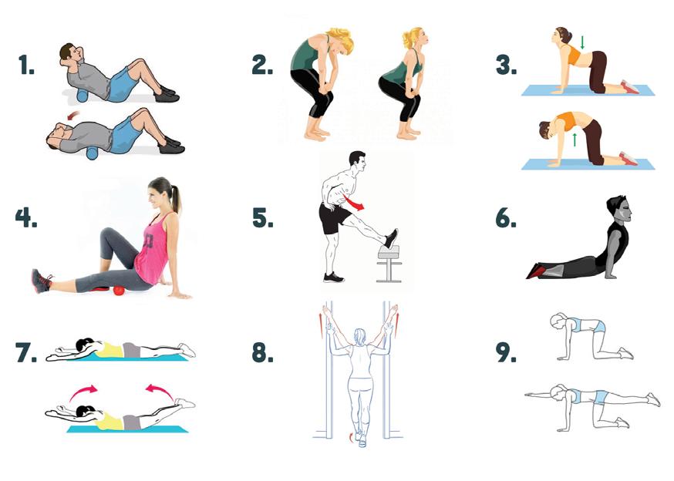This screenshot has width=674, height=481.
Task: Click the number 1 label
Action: click(26, 66)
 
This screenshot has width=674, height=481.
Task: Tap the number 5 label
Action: click(262, 217)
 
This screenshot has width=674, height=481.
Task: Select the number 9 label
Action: click(506, 352)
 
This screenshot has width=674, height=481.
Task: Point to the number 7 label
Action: click(25, 352)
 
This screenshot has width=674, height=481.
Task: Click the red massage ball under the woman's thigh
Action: click(118, 291)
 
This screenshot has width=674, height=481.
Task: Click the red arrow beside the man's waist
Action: click(353, 203)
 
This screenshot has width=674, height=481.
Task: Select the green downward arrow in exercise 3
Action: click(582, 42)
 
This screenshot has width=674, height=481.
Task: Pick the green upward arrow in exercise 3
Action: click(575, 140)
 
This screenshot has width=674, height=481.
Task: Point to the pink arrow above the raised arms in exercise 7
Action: click(83, 392)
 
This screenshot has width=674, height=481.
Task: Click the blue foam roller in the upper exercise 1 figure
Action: click(81, 96)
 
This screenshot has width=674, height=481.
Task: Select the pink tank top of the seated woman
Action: click(152, 251)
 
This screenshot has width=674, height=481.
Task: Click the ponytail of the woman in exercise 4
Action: click(177, 200)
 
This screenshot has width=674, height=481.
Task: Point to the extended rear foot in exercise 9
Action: click(653, 399)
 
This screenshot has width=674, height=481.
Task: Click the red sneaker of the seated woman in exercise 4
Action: click(40, 281)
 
